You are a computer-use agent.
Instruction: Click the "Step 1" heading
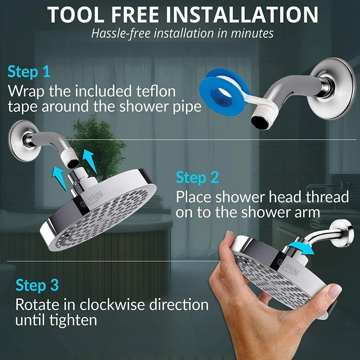[x=29, y=72]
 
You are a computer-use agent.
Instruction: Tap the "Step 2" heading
[x=197, y=177]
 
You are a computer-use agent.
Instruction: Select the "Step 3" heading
[x=37, y=285]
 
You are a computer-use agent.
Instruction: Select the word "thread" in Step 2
[x=327, y=196]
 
